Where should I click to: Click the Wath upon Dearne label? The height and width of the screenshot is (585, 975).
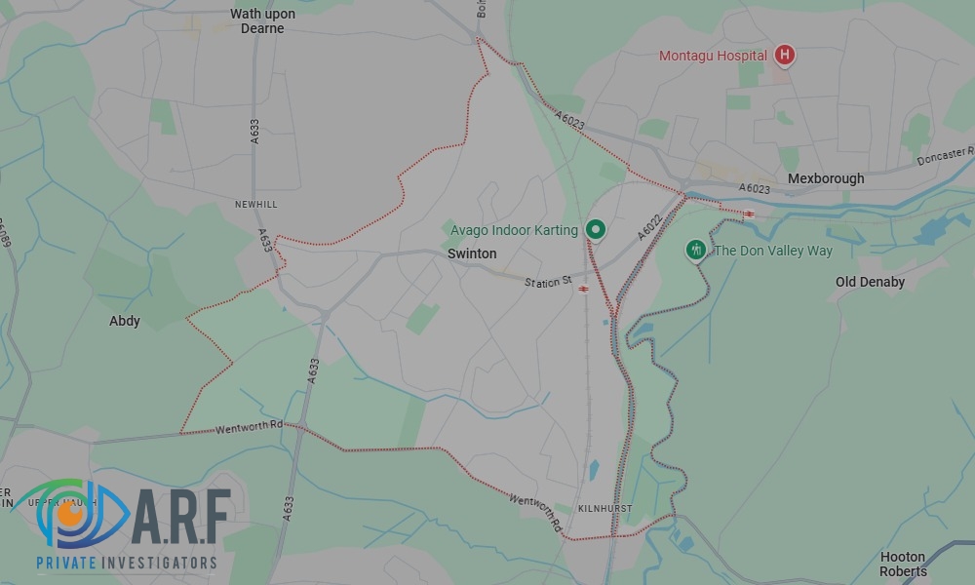262,21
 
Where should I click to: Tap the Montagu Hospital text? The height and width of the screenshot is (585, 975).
713,56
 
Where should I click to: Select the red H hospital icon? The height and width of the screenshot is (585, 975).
784,56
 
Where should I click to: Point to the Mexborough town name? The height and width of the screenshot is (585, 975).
826,178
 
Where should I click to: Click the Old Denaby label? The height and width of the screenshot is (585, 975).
870,282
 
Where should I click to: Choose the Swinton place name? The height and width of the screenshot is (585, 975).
472,253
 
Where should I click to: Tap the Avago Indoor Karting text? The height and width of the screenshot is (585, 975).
514,230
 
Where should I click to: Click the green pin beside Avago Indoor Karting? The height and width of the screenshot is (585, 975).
596,230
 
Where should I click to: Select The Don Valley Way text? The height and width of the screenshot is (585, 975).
774,251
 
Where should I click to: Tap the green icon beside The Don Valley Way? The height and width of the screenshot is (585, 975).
695,251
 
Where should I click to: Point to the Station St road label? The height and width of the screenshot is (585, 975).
548,282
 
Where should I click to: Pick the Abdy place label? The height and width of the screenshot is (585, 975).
125,321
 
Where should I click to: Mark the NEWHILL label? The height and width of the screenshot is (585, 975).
255,204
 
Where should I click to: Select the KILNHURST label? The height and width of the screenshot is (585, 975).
604,509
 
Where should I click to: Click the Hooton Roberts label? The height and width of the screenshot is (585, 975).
903,564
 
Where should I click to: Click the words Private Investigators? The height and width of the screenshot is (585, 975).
127,563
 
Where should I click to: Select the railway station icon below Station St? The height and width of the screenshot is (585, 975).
583,289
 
